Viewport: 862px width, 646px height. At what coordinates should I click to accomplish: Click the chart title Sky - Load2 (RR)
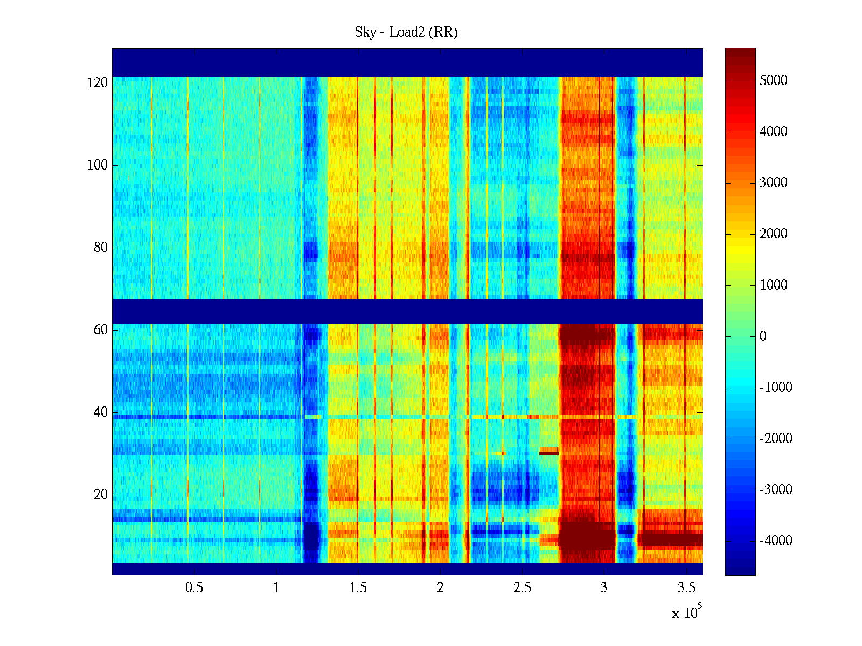(x=406, y=32)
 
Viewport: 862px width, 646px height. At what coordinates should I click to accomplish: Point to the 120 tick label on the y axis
(x=97, y=83)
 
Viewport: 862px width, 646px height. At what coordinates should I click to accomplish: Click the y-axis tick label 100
(x=97, y=165)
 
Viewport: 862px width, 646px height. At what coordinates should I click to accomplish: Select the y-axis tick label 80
(x=100, y=248)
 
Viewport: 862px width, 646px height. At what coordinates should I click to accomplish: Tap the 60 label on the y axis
(x=100, y=330)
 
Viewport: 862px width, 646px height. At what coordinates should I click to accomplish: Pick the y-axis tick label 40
(x=100, y=412)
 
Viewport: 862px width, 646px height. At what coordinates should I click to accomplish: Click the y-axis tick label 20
(x=100, y=495)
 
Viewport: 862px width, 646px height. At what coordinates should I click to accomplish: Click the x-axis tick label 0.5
(x=194, y=588)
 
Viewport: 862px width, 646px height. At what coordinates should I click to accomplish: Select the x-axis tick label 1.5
(x=358, y=588)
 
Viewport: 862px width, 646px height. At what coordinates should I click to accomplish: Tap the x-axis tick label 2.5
(x=522, y=588)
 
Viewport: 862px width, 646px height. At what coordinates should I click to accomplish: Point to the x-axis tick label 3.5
(x=686, y=588)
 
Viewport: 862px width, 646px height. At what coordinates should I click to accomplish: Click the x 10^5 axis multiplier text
(x=687, y=613)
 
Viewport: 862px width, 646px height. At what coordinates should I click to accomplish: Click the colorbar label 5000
(x=773, y=81)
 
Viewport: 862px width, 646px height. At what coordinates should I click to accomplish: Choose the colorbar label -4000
(x=775, y=541)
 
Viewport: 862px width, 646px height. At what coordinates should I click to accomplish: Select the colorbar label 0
(x=763, y=336)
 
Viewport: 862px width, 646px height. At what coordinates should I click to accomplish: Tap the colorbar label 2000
(x=773, y=234)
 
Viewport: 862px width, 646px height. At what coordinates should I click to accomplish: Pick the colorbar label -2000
(x=775, y=439)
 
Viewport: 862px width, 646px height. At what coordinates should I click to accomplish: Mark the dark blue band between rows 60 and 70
(x=407, y=311)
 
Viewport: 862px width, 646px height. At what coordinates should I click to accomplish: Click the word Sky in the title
(x=365, y=32)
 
